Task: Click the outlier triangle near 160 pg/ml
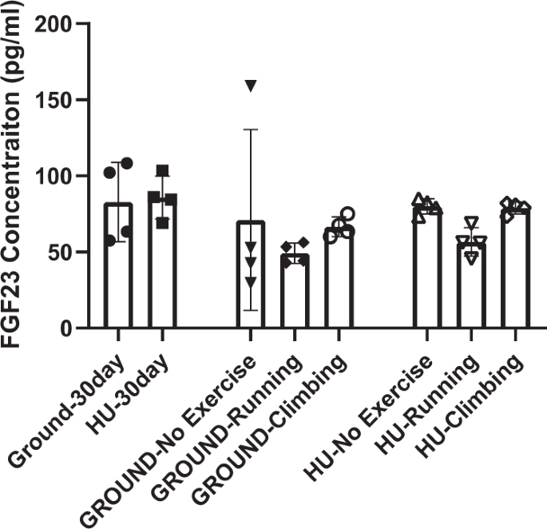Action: pyautogui.click(x=251, y=86)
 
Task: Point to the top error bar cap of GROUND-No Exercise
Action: pyautogui.click(x=251, y=129)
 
